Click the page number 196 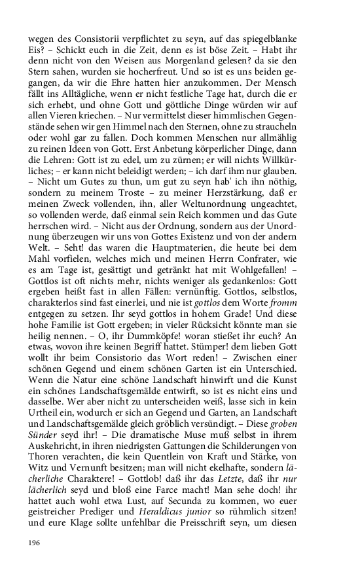click(34, 543)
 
